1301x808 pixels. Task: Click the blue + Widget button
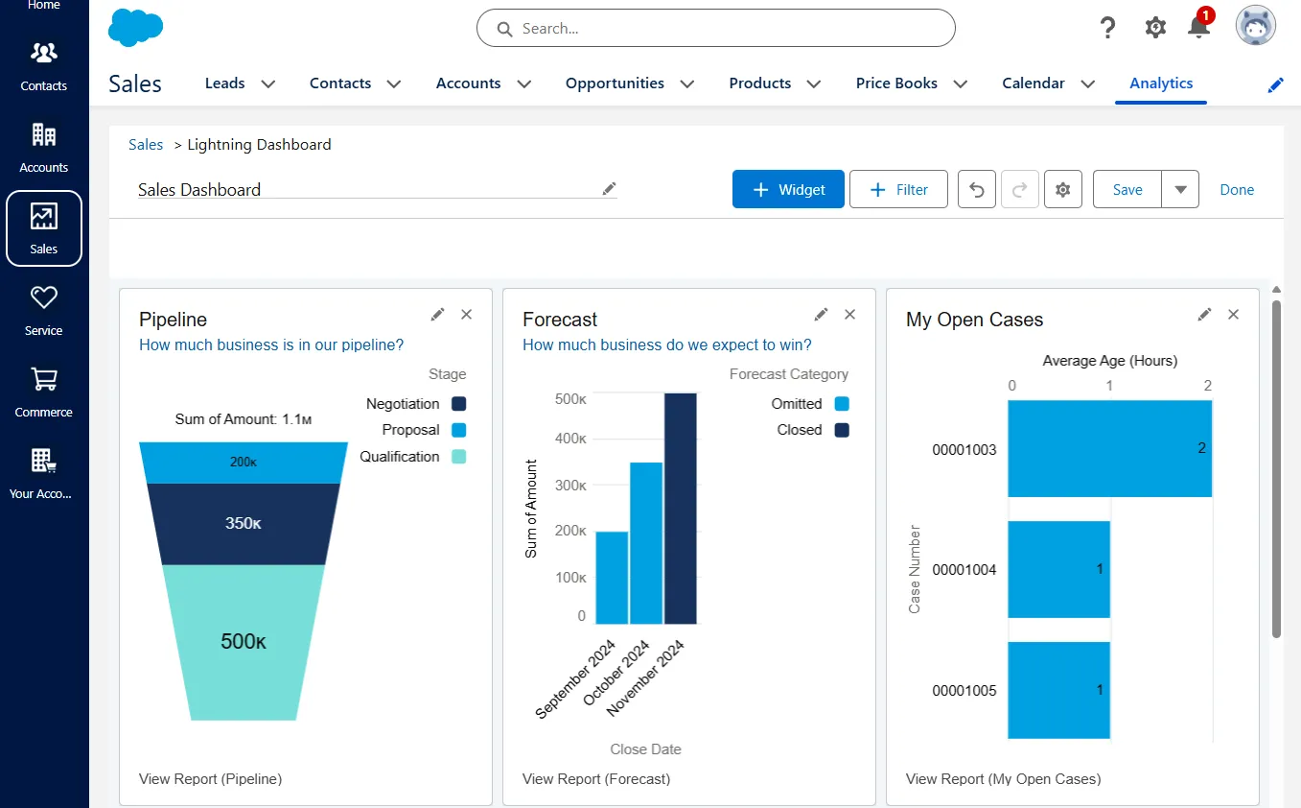(788, 190)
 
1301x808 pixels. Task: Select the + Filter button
(898, 190)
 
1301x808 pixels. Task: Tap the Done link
(1236, 190)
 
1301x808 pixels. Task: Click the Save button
(1127, 190)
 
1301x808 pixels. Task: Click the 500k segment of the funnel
(244, 642)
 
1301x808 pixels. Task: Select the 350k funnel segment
(244, 524)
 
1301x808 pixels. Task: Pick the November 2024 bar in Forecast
(681, 509)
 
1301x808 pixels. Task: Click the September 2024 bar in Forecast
(612, 578)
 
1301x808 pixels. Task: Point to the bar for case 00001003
(1109, 449)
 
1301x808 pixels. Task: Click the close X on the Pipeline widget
(467, 315)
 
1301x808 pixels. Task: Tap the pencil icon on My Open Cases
(1204, 315)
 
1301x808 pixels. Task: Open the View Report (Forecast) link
(596, 779)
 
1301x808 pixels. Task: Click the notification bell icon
(1198, 27)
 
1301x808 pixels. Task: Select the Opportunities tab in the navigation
(615, 83)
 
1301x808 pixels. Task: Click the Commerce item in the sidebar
(44, 392)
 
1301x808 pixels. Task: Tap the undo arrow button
(977, 190)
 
